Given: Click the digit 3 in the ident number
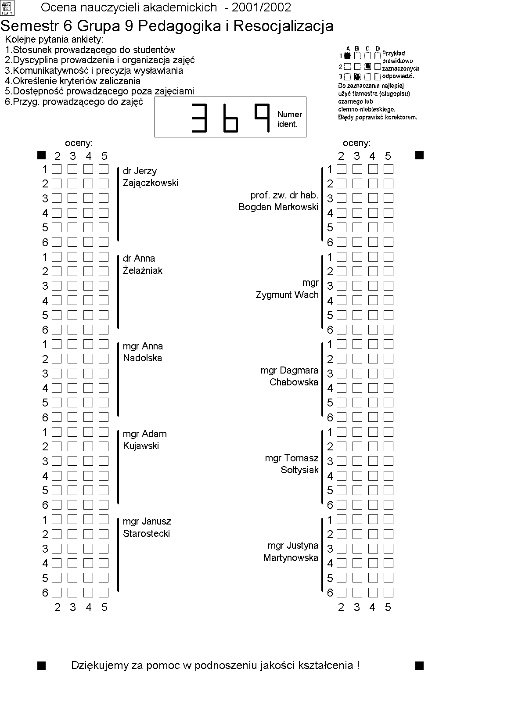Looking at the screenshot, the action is point(199,118).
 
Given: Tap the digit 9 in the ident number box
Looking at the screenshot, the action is point(262,118).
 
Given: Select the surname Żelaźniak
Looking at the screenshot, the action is point(142,270).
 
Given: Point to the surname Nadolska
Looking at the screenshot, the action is point(142,358).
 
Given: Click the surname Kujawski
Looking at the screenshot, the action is point(141,446).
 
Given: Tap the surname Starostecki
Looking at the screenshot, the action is point(146,533).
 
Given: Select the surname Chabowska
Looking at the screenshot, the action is point(294,382).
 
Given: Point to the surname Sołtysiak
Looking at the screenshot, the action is point(299,470).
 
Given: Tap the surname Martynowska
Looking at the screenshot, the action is point(291,557).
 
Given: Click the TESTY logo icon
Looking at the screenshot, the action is point(7,8).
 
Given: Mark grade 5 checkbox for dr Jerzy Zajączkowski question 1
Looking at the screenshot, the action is point(104,169).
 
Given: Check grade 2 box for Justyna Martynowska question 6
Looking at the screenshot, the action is point(342,593).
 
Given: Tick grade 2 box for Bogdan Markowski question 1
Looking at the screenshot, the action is point(342,169).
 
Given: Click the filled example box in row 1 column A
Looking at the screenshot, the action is point(348,56).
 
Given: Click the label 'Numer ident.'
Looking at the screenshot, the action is point(289,119).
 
